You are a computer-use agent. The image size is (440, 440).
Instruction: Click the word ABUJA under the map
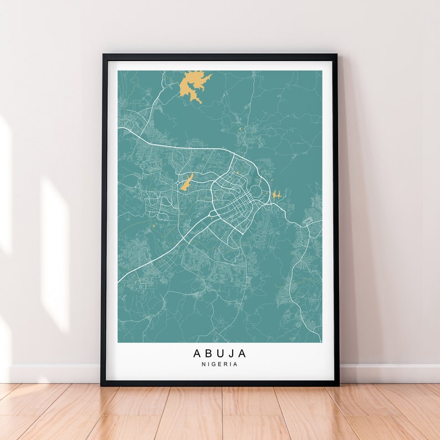point(220,353)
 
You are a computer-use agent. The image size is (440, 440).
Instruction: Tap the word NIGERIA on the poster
point(220,365)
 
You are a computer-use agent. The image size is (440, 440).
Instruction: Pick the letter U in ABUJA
point(221,353)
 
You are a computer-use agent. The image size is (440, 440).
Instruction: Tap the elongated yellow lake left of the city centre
point(186,182)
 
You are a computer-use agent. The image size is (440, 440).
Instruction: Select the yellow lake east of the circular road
point(276,195)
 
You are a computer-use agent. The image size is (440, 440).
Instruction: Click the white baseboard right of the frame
point(388,374)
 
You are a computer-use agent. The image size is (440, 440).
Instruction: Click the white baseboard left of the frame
point(50,374)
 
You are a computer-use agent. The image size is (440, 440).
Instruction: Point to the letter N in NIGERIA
point(204,365)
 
